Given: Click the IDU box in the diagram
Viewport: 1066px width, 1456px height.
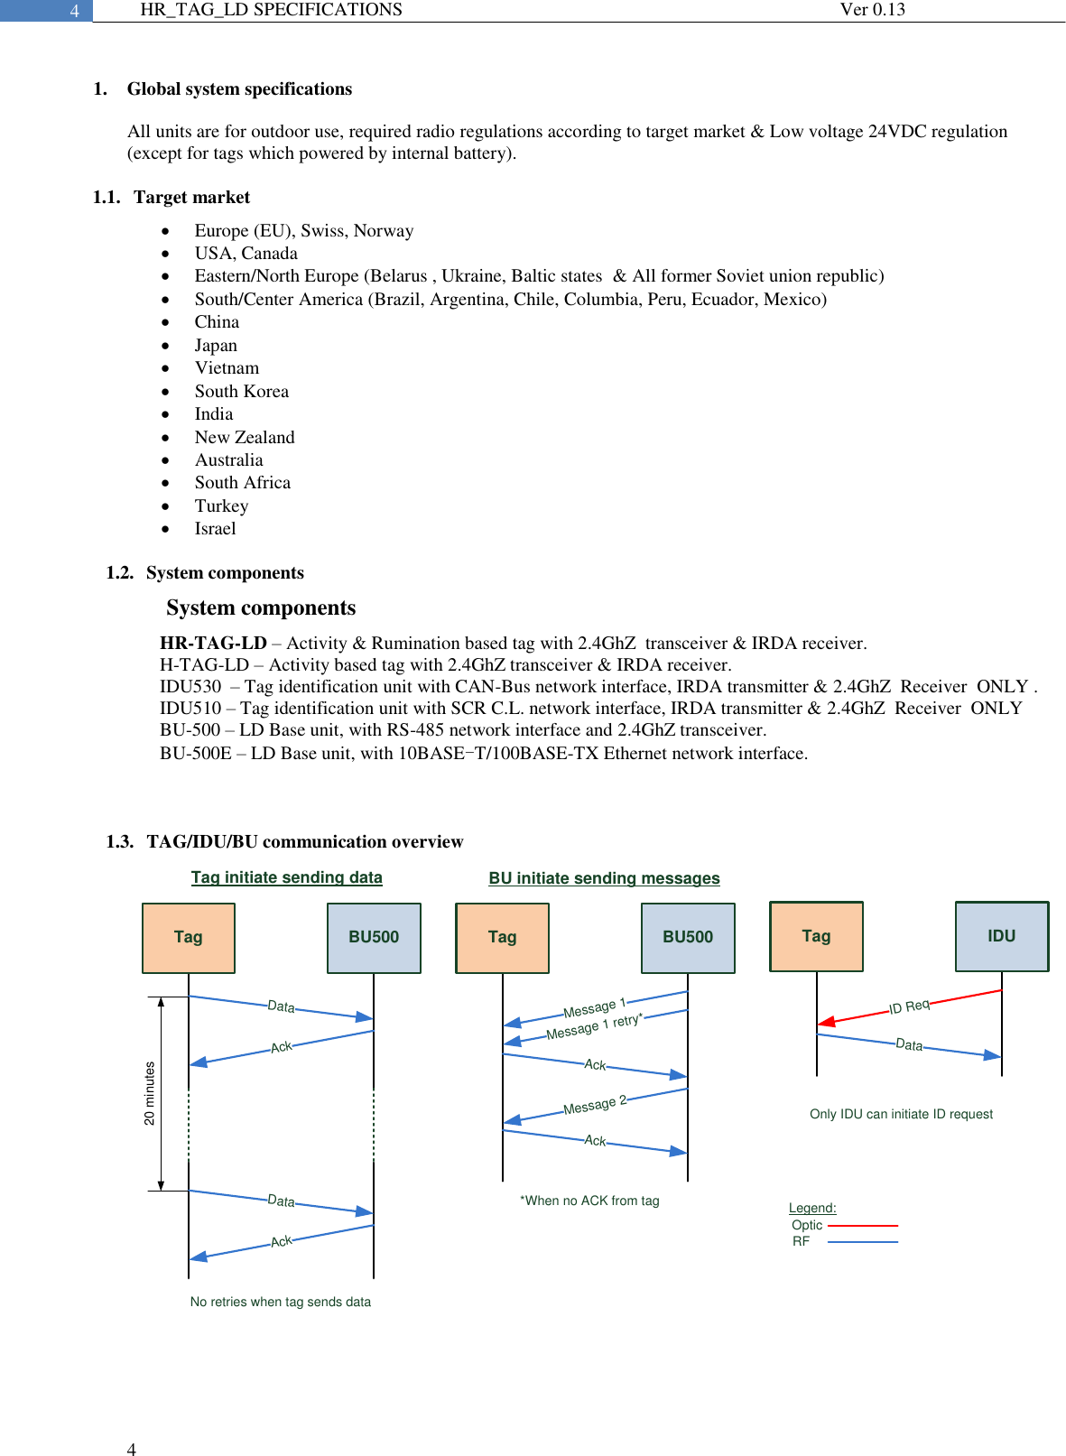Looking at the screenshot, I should [1002, 936].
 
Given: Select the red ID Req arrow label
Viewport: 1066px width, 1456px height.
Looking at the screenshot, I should [909, 1006].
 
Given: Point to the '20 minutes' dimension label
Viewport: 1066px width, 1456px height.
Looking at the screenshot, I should [150, 1093].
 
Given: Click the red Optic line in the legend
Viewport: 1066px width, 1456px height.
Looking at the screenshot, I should [862, 1226].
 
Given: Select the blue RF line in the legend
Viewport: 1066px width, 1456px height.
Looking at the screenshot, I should [862, 1242].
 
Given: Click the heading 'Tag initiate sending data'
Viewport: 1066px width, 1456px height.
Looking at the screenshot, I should [286, 877].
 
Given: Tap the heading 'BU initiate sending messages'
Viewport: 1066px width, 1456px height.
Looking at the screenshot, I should [604, 878].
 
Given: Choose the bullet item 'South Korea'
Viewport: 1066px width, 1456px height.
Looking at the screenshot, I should [241, 391].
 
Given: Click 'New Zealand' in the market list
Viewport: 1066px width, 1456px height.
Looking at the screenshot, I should [245, 437].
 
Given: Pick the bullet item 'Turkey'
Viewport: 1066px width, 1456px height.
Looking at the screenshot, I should [221, 505].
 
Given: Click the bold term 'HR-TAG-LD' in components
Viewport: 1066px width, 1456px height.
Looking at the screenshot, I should [213, 643].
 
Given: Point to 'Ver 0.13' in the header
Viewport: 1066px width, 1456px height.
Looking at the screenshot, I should [872, 10].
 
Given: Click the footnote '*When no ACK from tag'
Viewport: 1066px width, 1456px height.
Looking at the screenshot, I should [589, 1201].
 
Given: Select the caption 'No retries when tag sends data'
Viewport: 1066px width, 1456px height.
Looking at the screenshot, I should [280, 1302].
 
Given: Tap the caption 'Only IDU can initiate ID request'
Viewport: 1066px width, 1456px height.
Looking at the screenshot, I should [901, 1114].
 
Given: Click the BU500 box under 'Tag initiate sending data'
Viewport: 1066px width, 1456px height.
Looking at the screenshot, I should [374, 937].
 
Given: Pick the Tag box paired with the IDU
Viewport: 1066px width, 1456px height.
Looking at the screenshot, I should [816, 936].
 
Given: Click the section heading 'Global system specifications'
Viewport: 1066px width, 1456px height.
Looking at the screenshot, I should [239, 88].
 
